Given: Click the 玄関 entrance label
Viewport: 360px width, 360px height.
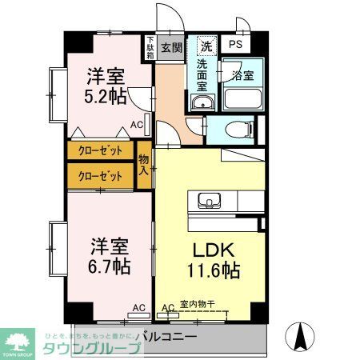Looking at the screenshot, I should [x=171, y=46].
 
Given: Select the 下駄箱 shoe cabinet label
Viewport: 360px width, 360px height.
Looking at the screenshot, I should [x=150, y=47].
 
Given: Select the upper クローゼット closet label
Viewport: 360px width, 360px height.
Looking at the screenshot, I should [x=100, y=150].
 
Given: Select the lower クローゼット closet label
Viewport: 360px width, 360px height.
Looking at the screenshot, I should [x=100, y=174].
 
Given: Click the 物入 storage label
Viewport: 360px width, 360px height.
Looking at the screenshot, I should [x=144, y=164].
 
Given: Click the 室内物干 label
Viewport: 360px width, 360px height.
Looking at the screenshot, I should [x=197, y=304].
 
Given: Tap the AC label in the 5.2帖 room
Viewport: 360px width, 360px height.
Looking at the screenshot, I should [x=137, y=123].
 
